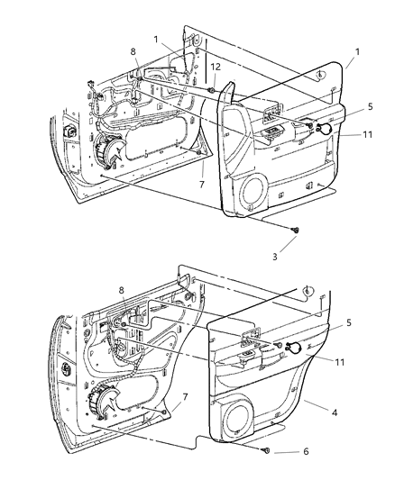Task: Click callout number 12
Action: (215, 68)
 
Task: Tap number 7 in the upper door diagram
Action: (201, 185)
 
